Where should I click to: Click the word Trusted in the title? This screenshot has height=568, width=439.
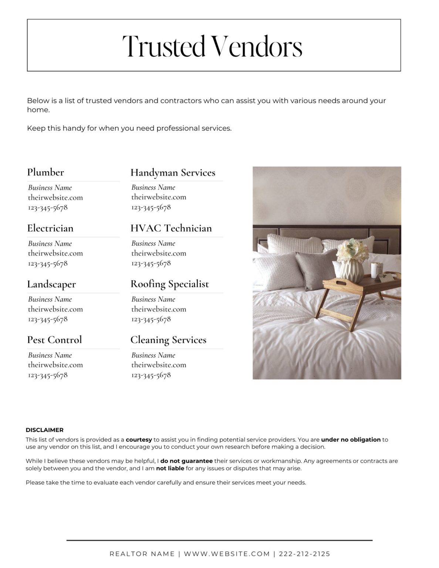pos(163,47)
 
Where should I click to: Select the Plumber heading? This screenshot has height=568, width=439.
pos(45,172)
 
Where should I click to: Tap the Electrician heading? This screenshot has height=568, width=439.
pos(50,228)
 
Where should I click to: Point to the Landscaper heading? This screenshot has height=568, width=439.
pos(51,284)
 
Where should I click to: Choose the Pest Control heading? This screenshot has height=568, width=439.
pos(54,340)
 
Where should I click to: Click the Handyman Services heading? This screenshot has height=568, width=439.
pos(173,173)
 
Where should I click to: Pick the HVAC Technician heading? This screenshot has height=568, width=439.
pos(171,228)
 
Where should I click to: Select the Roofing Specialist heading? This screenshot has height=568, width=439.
pos(169,284)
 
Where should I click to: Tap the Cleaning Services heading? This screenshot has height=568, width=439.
pos(168,340)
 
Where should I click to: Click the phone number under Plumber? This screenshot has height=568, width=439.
pos(48,207)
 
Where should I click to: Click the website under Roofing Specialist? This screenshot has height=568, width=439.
pos(159,309)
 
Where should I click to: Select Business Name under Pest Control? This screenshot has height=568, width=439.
pos(50,355)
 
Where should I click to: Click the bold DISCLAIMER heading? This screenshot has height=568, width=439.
pos(44,430)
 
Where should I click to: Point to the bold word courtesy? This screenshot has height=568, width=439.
pos(139,440)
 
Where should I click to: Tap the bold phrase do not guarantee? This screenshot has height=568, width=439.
pos(186,461)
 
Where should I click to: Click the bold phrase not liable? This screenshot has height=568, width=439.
pos(170,469)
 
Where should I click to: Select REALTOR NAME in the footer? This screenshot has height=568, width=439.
pos(142,554)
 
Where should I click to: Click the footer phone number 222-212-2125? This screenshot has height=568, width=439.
pos(304,554)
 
